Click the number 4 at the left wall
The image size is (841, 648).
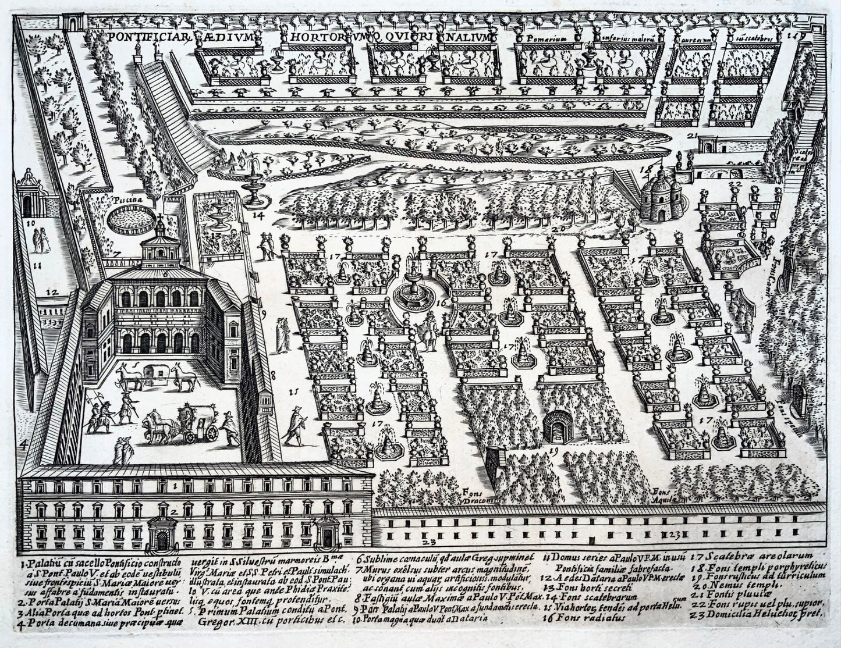[x=24, y=445]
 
